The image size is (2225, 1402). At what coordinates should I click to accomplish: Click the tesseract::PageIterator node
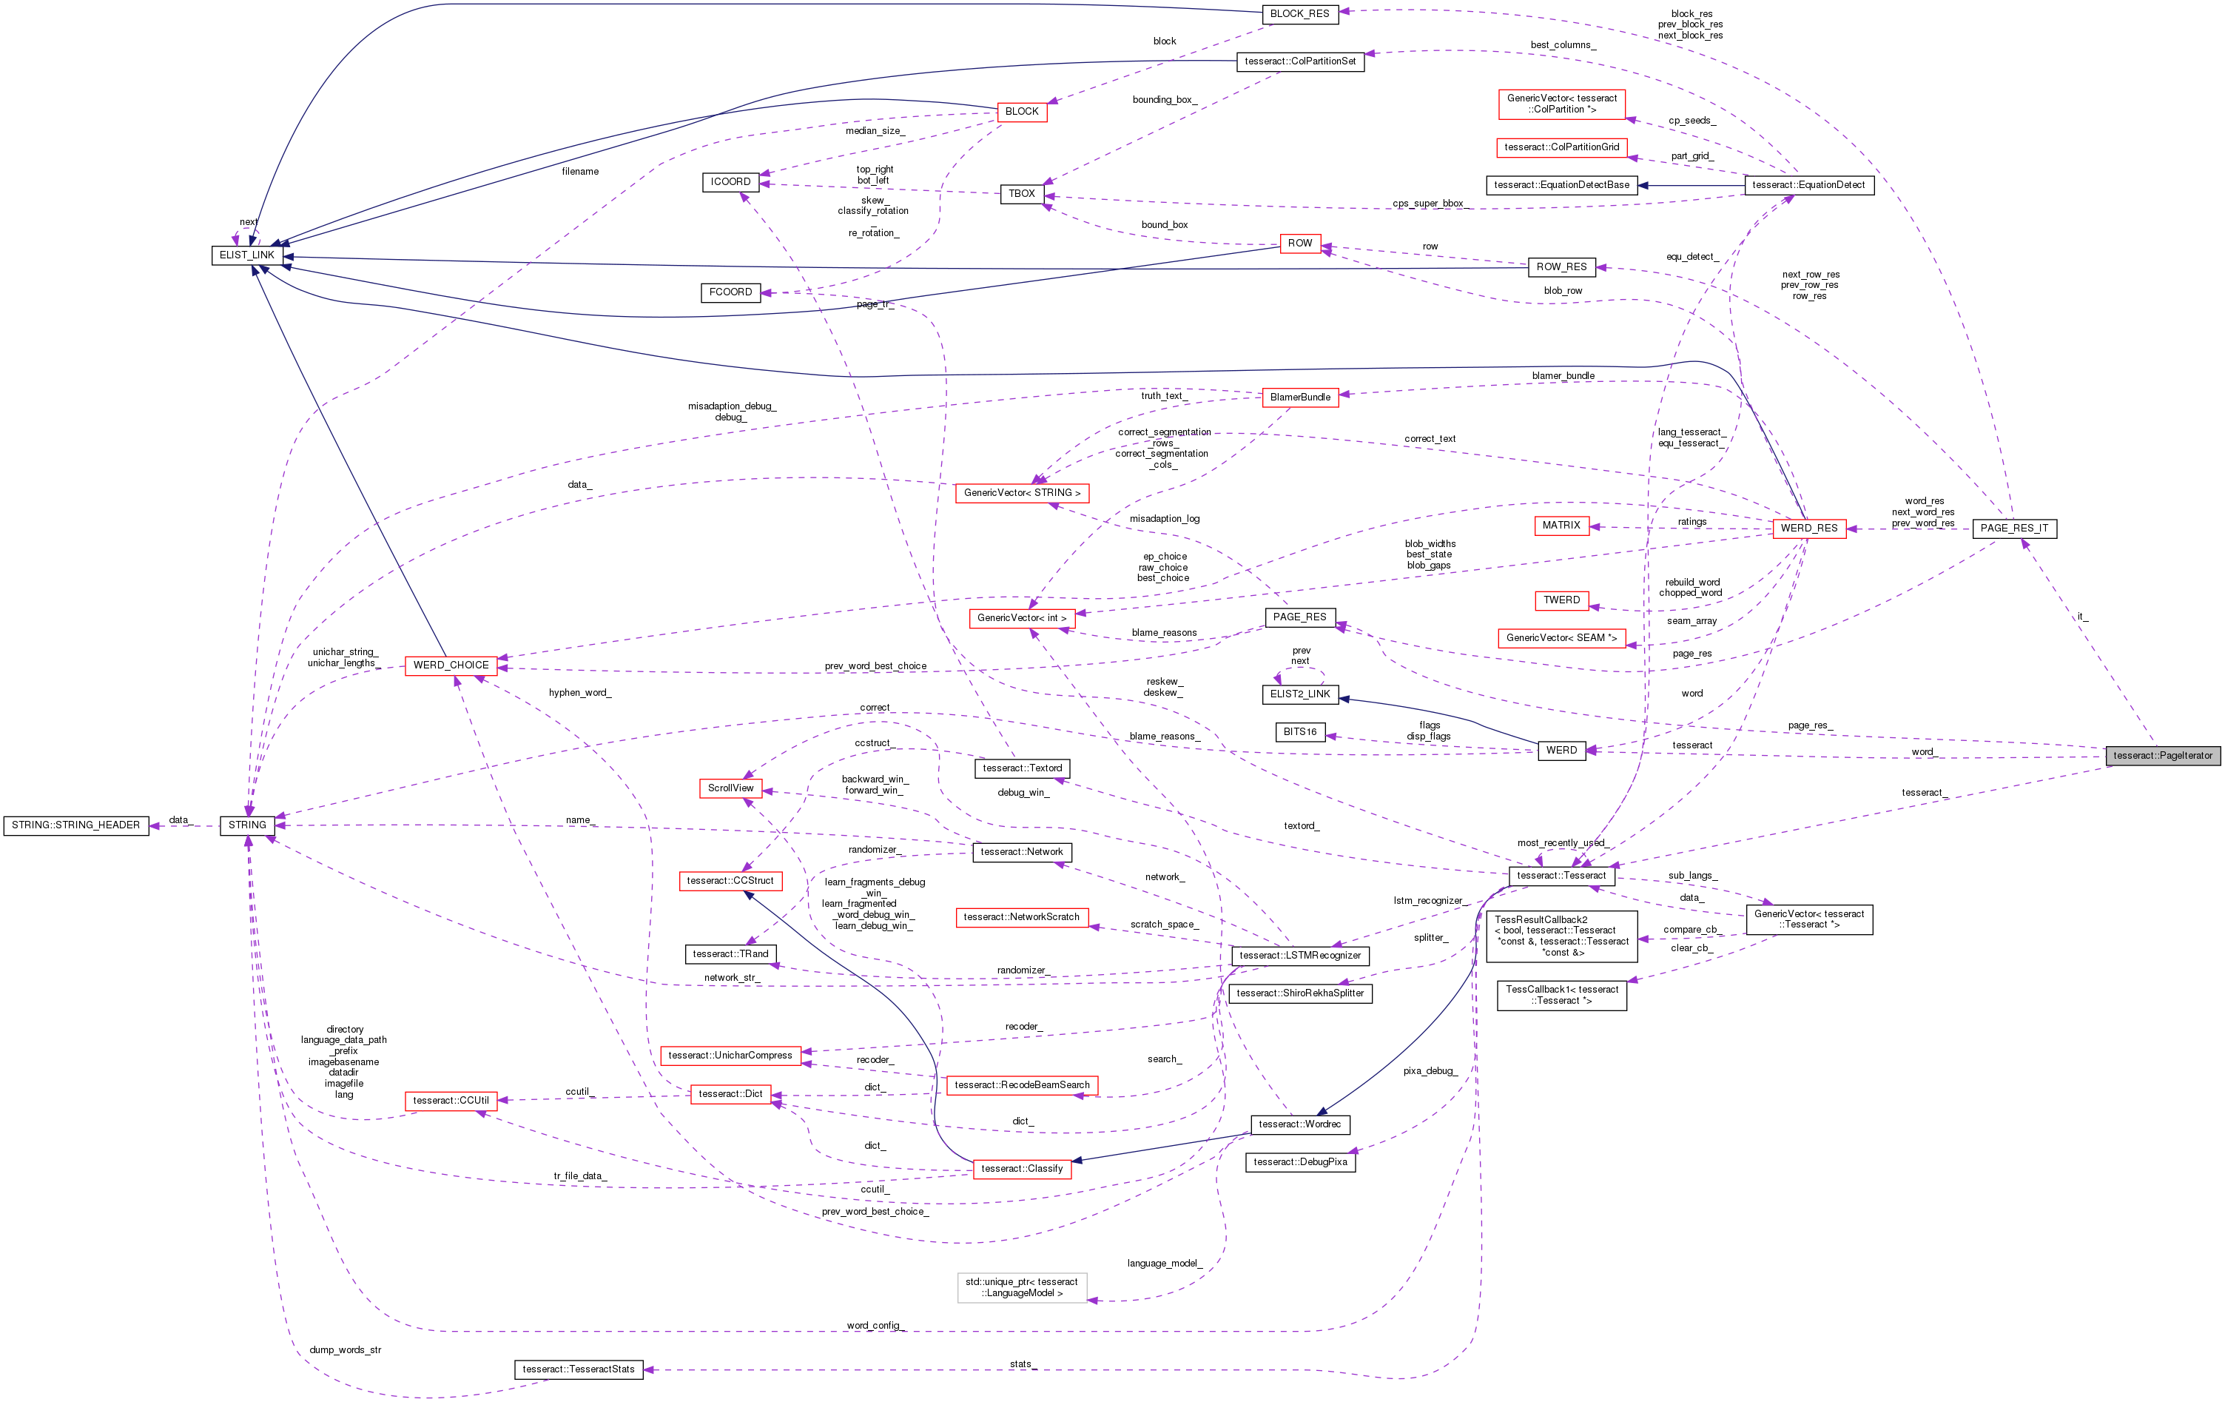pos(2162,756)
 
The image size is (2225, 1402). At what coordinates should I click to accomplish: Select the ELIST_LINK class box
pos(246,255)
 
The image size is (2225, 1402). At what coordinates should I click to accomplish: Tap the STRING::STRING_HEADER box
pos(75,825)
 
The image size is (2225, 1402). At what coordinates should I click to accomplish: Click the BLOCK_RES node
pos(1299,14)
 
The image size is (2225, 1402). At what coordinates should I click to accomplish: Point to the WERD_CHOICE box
pos(451,665)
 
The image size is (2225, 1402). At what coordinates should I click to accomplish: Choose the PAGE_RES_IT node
pos(2014,529)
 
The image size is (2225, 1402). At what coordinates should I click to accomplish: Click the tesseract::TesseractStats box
pos(579,1369)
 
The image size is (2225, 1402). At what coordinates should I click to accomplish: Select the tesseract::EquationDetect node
pos(1808,185)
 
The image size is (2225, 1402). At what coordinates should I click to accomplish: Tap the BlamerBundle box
pos(1300,398)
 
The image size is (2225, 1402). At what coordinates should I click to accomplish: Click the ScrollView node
pos(730,788)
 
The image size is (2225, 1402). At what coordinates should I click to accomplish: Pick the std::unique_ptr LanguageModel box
pos(1021,1287)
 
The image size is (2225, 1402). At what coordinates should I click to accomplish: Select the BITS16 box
pos(1300,732)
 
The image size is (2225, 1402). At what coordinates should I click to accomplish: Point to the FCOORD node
pos(730,292)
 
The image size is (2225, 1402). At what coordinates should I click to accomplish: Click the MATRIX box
pos(1561,526)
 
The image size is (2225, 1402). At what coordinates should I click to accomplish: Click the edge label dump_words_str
pos(345,1350)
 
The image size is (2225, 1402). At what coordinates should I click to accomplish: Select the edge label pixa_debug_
pos(1430,1071)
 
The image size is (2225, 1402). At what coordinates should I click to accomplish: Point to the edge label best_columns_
pos(1563,45)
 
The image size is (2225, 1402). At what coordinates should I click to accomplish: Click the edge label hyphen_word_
pos(579,693)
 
